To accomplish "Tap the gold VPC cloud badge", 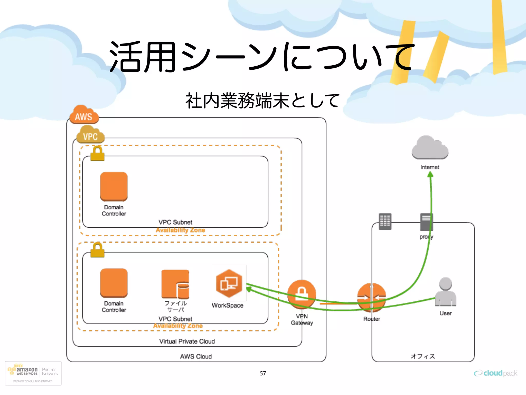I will pos(90,135).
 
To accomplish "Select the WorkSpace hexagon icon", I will pos(229,283).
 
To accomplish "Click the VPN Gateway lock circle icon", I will pos(302,294).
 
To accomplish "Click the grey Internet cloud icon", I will pos(430,148).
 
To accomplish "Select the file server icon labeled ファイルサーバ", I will pos(175,284).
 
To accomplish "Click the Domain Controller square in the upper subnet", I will pos(114,186).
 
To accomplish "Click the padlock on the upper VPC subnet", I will pos(97,154).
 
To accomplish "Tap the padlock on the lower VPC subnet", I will pos(97,250).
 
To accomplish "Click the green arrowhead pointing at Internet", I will pos(430,175).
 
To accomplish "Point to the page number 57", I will pos(263,373).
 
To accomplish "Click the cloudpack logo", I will pos(495,373).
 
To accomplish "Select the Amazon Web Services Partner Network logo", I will pos(33,373).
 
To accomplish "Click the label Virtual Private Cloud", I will pos(187,341).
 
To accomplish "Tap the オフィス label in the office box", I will pos(423,356).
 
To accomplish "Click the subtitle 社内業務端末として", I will pos(262,101).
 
